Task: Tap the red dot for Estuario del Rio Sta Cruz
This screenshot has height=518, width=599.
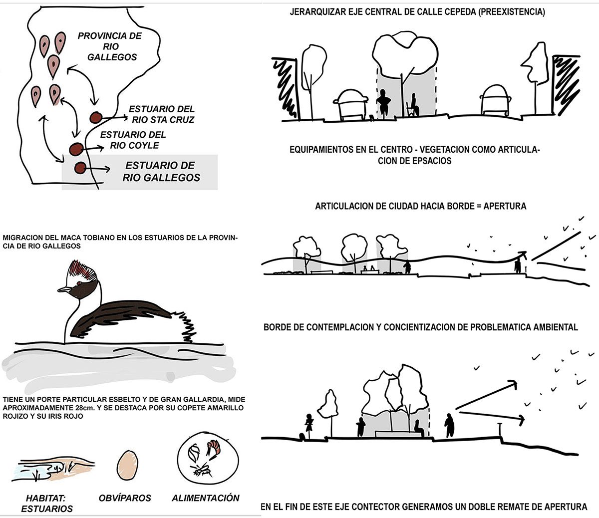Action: pos(95,118)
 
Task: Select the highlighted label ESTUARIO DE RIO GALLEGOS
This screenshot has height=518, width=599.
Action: pos(161,171)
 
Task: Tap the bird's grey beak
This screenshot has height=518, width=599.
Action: pos(64,289)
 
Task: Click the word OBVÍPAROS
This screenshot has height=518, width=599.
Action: pos(125,498)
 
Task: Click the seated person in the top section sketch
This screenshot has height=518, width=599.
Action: pos(412,106)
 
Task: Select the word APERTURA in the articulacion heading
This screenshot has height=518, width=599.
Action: pos(505,206)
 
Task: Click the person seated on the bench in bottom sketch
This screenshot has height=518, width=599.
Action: pos(418,428)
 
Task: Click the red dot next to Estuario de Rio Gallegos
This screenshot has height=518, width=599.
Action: pos(80,168)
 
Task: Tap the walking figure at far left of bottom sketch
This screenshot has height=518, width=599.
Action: pos(308,427)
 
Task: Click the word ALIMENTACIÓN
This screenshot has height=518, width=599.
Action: pos(206,498)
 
